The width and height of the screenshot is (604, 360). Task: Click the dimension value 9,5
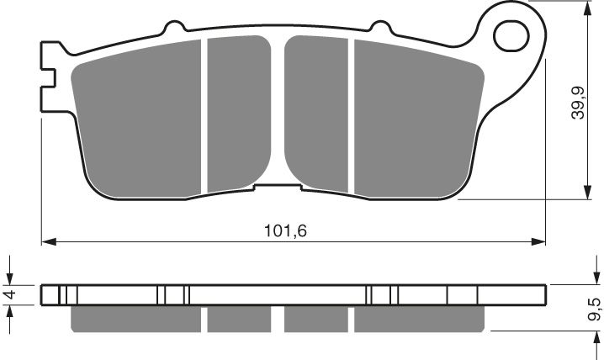pyautogui.click(x=595, y=309)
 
